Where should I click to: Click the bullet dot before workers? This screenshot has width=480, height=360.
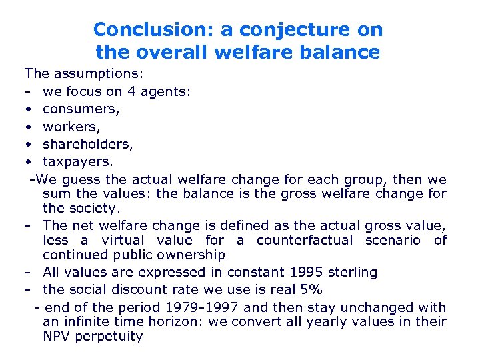pyautogui.click(x=29, y=125)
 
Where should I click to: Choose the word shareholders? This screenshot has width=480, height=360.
pyautogui.click(x=87, y=143)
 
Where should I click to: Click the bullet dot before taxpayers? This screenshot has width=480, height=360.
pyautogui.click(x=29, y=161)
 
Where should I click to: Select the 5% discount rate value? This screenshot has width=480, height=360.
pyautogui.click(x=310, y=289)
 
